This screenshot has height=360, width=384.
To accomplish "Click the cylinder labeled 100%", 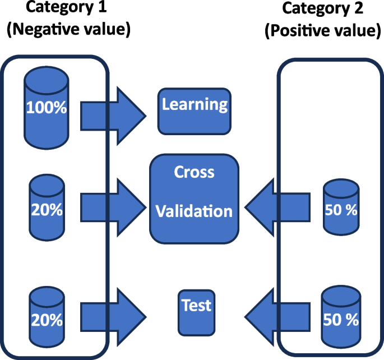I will pyautogui.click(x=47, y=107).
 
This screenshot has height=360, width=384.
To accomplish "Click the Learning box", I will pyautogui.click(x=195, y=111).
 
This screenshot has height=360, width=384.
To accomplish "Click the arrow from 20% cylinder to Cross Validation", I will pyautogui.click(x=112, y=208).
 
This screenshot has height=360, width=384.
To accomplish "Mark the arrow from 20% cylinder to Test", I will pyautogui.click(x=112, y=319).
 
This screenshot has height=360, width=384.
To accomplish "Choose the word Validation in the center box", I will pyautogui.click(x=194, y=211).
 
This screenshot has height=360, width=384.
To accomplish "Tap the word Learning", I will pyautogui.click(x=195, y=104).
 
